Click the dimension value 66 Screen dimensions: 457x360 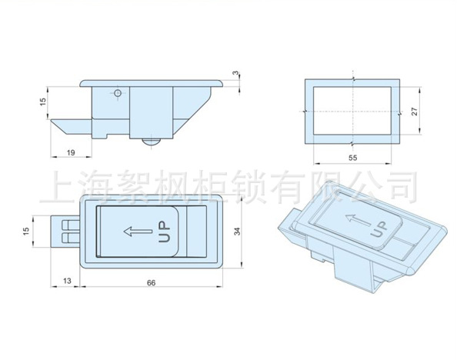pyautogui.click(x=151, y=283)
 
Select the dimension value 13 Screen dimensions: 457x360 pyautogui.click(x=67, y=281)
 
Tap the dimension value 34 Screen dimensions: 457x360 pyautogui.click(x=238, y=232)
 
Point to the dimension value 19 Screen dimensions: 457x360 pyautogui.click(x=71, y=152)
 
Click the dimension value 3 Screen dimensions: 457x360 pyautogui.click(x=235, y=72)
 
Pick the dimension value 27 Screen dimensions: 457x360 pyautogui.click(x=415, y=112)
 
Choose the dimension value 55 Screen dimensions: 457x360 pyautogui.click(x=352, y=158)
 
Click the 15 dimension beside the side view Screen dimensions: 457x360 pyautogui.click(x=43, y=102)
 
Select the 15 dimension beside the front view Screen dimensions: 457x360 pyautogui.click(x=26, y=232)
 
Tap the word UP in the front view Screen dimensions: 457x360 pyautogui.click(x=164, y=232)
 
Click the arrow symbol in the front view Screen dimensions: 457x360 pyautogui.click(x=138, y=232)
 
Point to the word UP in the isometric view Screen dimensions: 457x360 pyautogui.click(x=379, y=229)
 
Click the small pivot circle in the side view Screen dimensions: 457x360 pyautogui.click(x=118, y=93)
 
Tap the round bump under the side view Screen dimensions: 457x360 pyautogui.click(x=152, y=142)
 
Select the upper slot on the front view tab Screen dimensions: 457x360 pyautogui.click(x=71, y=225)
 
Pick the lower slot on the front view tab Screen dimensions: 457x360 pyautogui.click(x=71, y=238)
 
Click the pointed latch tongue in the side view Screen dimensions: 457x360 pyautogui.click(x=72, y=127)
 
